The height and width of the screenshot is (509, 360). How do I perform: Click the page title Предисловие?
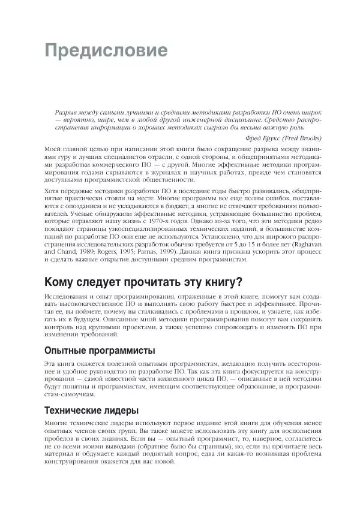(x=107, y=50)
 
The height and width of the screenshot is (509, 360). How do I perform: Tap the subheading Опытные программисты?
(x=100, y=351)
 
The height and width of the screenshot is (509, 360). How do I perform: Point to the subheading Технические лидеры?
(x=92, y=411)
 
